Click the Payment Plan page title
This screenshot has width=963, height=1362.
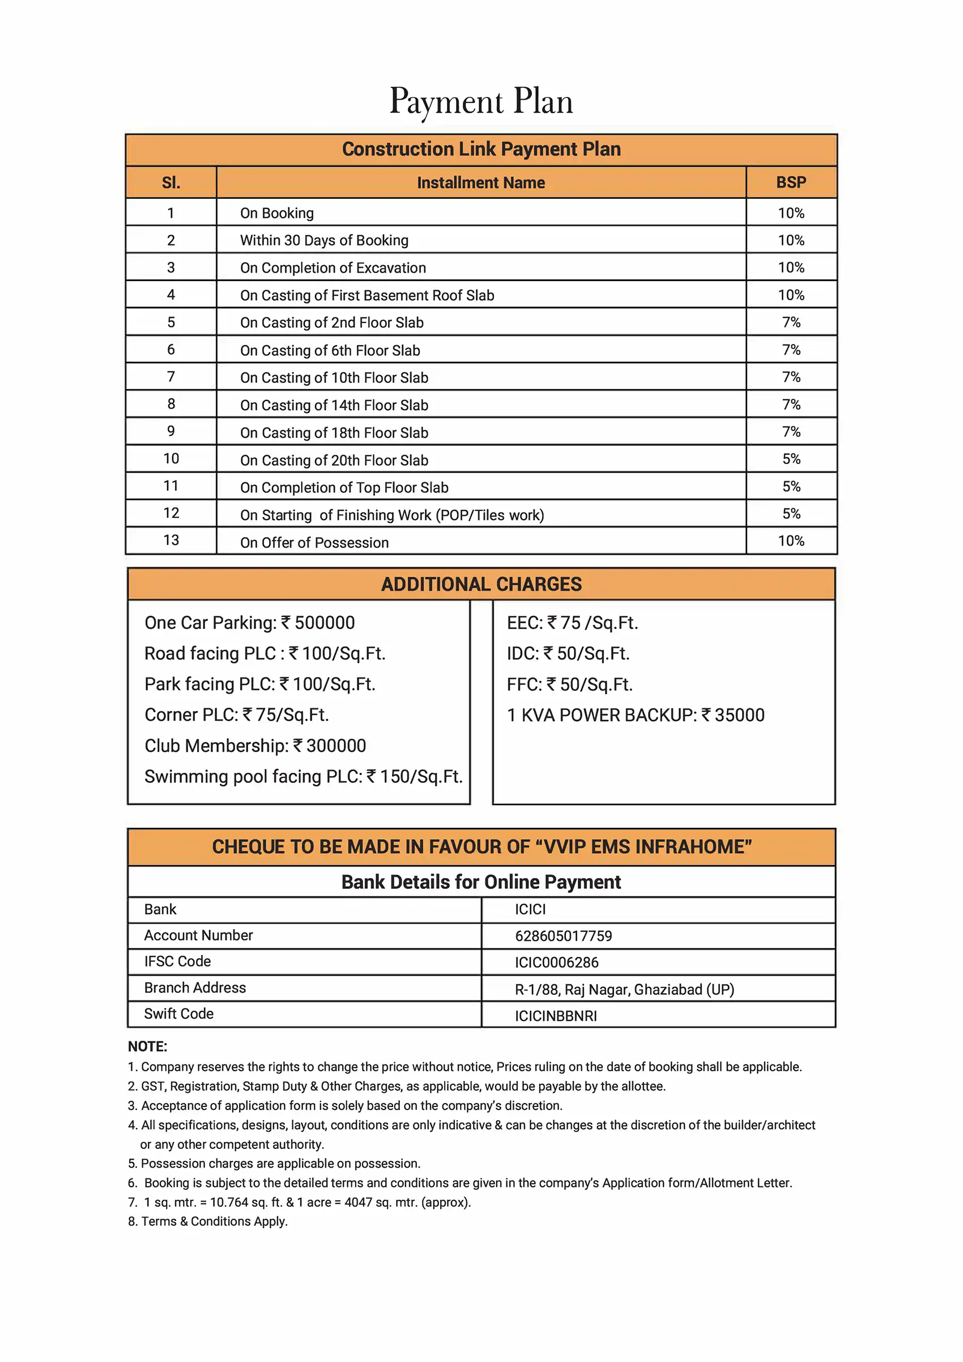tap(481, 101)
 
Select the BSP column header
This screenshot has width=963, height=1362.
tap(791, 182)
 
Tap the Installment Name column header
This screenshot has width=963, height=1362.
tap(481, 182)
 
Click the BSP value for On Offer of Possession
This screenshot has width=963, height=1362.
tap(791, 541)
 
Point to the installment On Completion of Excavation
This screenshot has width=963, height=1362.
tap(333, 268)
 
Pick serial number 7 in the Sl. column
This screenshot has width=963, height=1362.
tap(171, 377)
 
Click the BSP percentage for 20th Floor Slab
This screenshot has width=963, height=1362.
tap(791, 459)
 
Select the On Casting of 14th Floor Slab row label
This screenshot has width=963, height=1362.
tap(334, 406)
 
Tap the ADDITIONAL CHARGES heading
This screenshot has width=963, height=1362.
tap(481, 584)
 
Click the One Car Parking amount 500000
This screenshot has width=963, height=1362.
tap(325, 623)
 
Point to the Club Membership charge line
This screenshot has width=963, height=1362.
tap(255, 746)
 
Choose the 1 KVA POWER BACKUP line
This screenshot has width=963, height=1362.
tap(635, 716)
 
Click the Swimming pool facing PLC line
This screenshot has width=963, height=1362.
tap(303, 777)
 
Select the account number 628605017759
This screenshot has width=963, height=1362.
tap(563, 936)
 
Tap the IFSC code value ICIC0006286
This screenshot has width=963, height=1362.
tap(557, 962)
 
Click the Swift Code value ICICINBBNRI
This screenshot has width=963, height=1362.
tap(556, 1016)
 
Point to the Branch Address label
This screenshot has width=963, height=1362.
tap(194, 988)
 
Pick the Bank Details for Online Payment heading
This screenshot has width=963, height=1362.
tap(481, 882)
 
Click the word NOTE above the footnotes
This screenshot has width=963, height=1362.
tap(148, 1046)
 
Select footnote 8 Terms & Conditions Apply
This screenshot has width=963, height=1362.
tap(208, 1221)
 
